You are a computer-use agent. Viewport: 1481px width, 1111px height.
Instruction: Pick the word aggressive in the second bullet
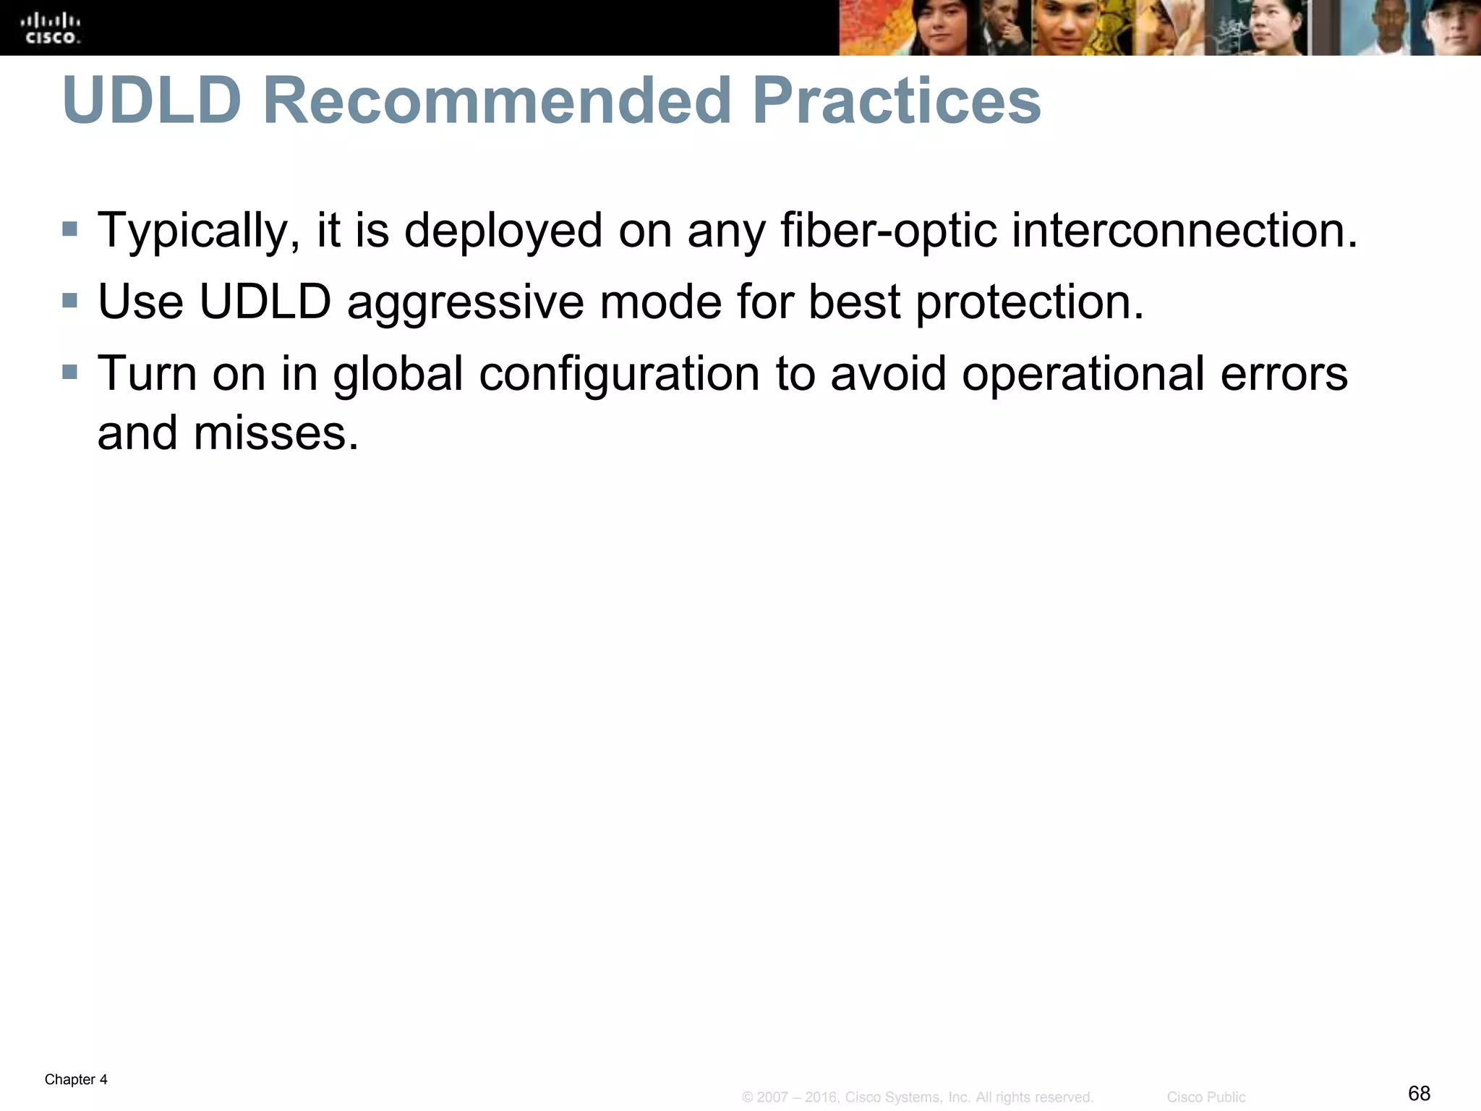(465, 302)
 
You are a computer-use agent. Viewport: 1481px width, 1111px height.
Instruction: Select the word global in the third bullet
(398, 375)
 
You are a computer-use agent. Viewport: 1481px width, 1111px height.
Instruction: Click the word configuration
(619, 375)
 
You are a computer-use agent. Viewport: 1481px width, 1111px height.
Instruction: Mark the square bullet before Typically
(69, 229)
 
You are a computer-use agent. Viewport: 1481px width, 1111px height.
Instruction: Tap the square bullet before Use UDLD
(69, 300)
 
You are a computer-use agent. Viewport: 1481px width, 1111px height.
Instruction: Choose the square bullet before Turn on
(69, 372)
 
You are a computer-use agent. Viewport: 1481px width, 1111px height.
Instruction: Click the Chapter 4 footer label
(76, 1080)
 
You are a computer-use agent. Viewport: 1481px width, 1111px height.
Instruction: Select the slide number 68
(1420, 1093)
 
